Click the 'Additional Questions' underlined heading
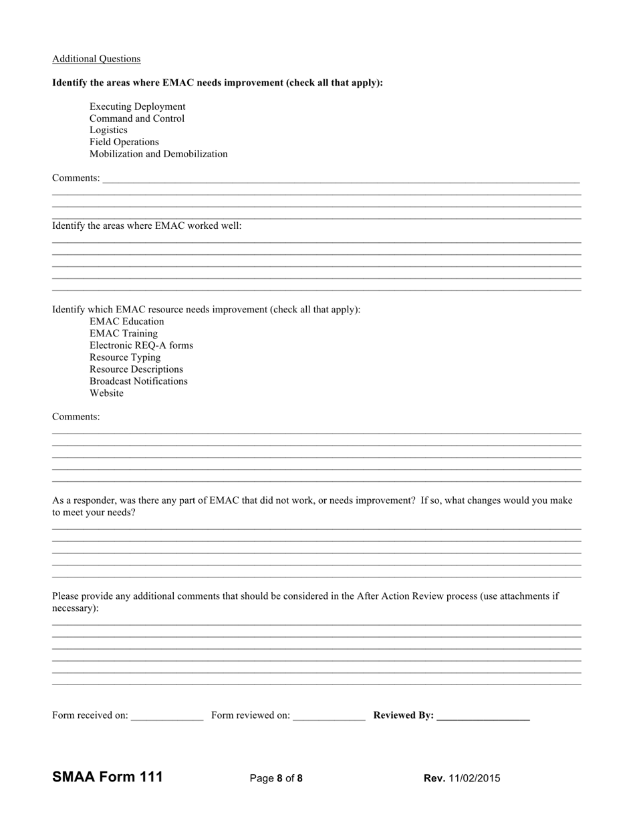[96, 59]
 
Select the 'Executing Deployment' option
[137, 106]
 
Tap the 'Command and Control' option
[136, 118]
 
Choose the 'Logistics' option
[108, 130]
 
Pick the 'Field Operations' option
[124, 142]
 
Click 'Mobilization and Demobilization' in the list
[158, 154]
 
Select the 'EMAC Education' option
[126, 321]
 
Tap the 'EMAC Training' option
[124, 333]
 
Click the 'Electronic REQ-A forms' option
[141, 345]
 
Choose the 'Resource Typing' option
[125, 357]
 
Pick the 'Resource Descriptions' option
[136, 369]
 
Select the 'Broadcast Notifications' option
[138, 381]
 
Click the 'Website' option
[106, 393]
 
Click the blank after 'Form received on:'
[167, 716]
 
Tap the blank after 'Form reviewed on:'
[329, 716]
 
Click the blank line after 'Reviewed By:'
[483, 716]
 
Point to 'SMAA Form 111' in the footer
[107, 777]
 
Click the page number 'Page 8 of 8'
[276, 778]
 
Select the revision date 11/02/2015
[474, 778]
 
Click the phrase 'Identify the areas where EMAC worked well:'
[147, 226]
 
